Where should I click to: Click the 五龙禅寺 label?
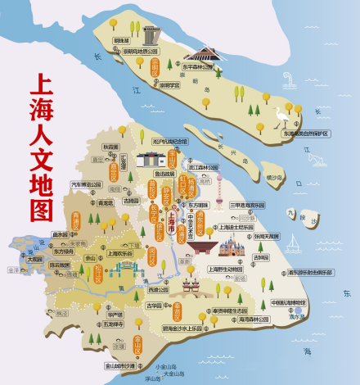pyautogui.click(x=114, y=324)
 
